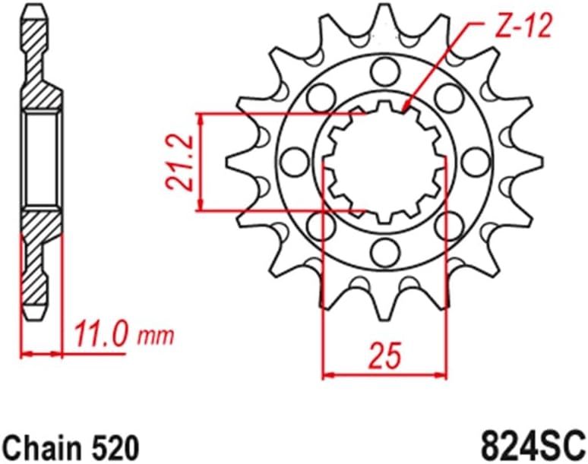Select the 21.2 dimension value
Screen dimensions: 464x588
[177, 162]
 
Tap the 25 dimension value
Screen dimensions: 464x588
[386, 353]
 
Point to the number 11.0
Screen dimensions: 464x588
[100, 335]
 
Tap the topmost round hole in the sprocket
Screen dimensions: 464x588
[383, 71]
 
